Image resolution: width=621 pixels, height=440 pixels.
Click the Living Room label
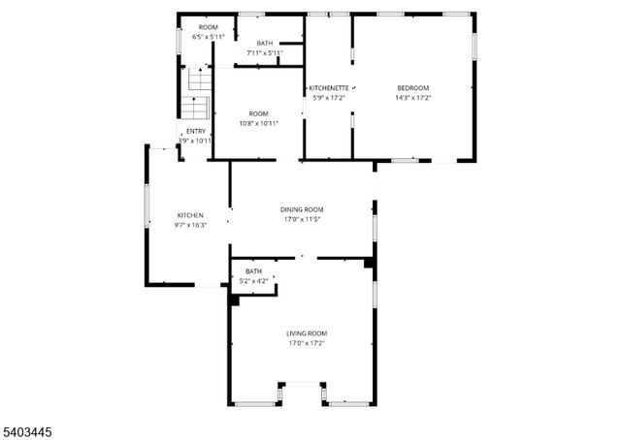click(x=306, y=334)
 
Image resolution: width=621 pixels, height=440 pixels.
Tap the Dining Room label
click(x=302, y=210)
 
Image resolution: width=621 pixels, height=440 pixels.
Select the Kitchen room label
click(x=189, y=215)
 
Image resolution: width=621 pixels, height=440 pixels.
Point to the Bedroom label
click(x=412, y=88)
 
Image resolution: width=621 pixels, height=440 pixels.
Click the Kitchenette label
click(x=327, y=88)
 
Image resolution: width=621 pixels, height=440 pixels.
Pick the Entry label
click(x=195, y=132)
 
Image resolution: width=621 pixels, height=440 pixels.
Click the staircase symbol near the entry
click(x=196, y=92)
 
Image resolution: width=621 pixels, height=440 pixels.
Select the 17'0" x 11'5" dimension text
click(x=302, y=220)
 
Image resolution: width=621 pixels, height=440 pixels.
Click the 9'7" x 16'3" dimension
click(x=190, y=225)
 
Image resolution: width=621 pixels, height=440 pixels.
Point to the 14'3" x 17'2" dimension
click(x=412, y=98)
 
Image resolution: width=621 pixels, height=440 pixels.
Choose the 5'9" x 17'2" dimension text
click(x=328, y=98)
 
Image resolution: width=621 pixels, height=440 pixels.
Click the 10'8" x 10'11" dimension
click(x=258, y=123)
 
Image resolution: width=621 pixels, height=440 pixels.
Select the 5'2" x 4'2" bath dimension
click(x=253, y=281)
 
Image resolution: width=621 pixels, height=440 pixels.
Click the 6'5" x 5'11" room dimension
click(x=208, y=37)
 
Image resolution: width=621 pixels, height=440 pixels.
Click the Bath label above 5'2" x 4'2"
click(x=253, y=271)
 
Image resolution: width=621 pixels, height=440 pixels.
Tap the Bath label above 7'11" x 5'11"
click(x=264, y=44)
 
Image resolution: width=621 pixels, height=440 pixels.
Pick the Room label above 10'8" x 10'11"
click(x=258, y=113)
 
